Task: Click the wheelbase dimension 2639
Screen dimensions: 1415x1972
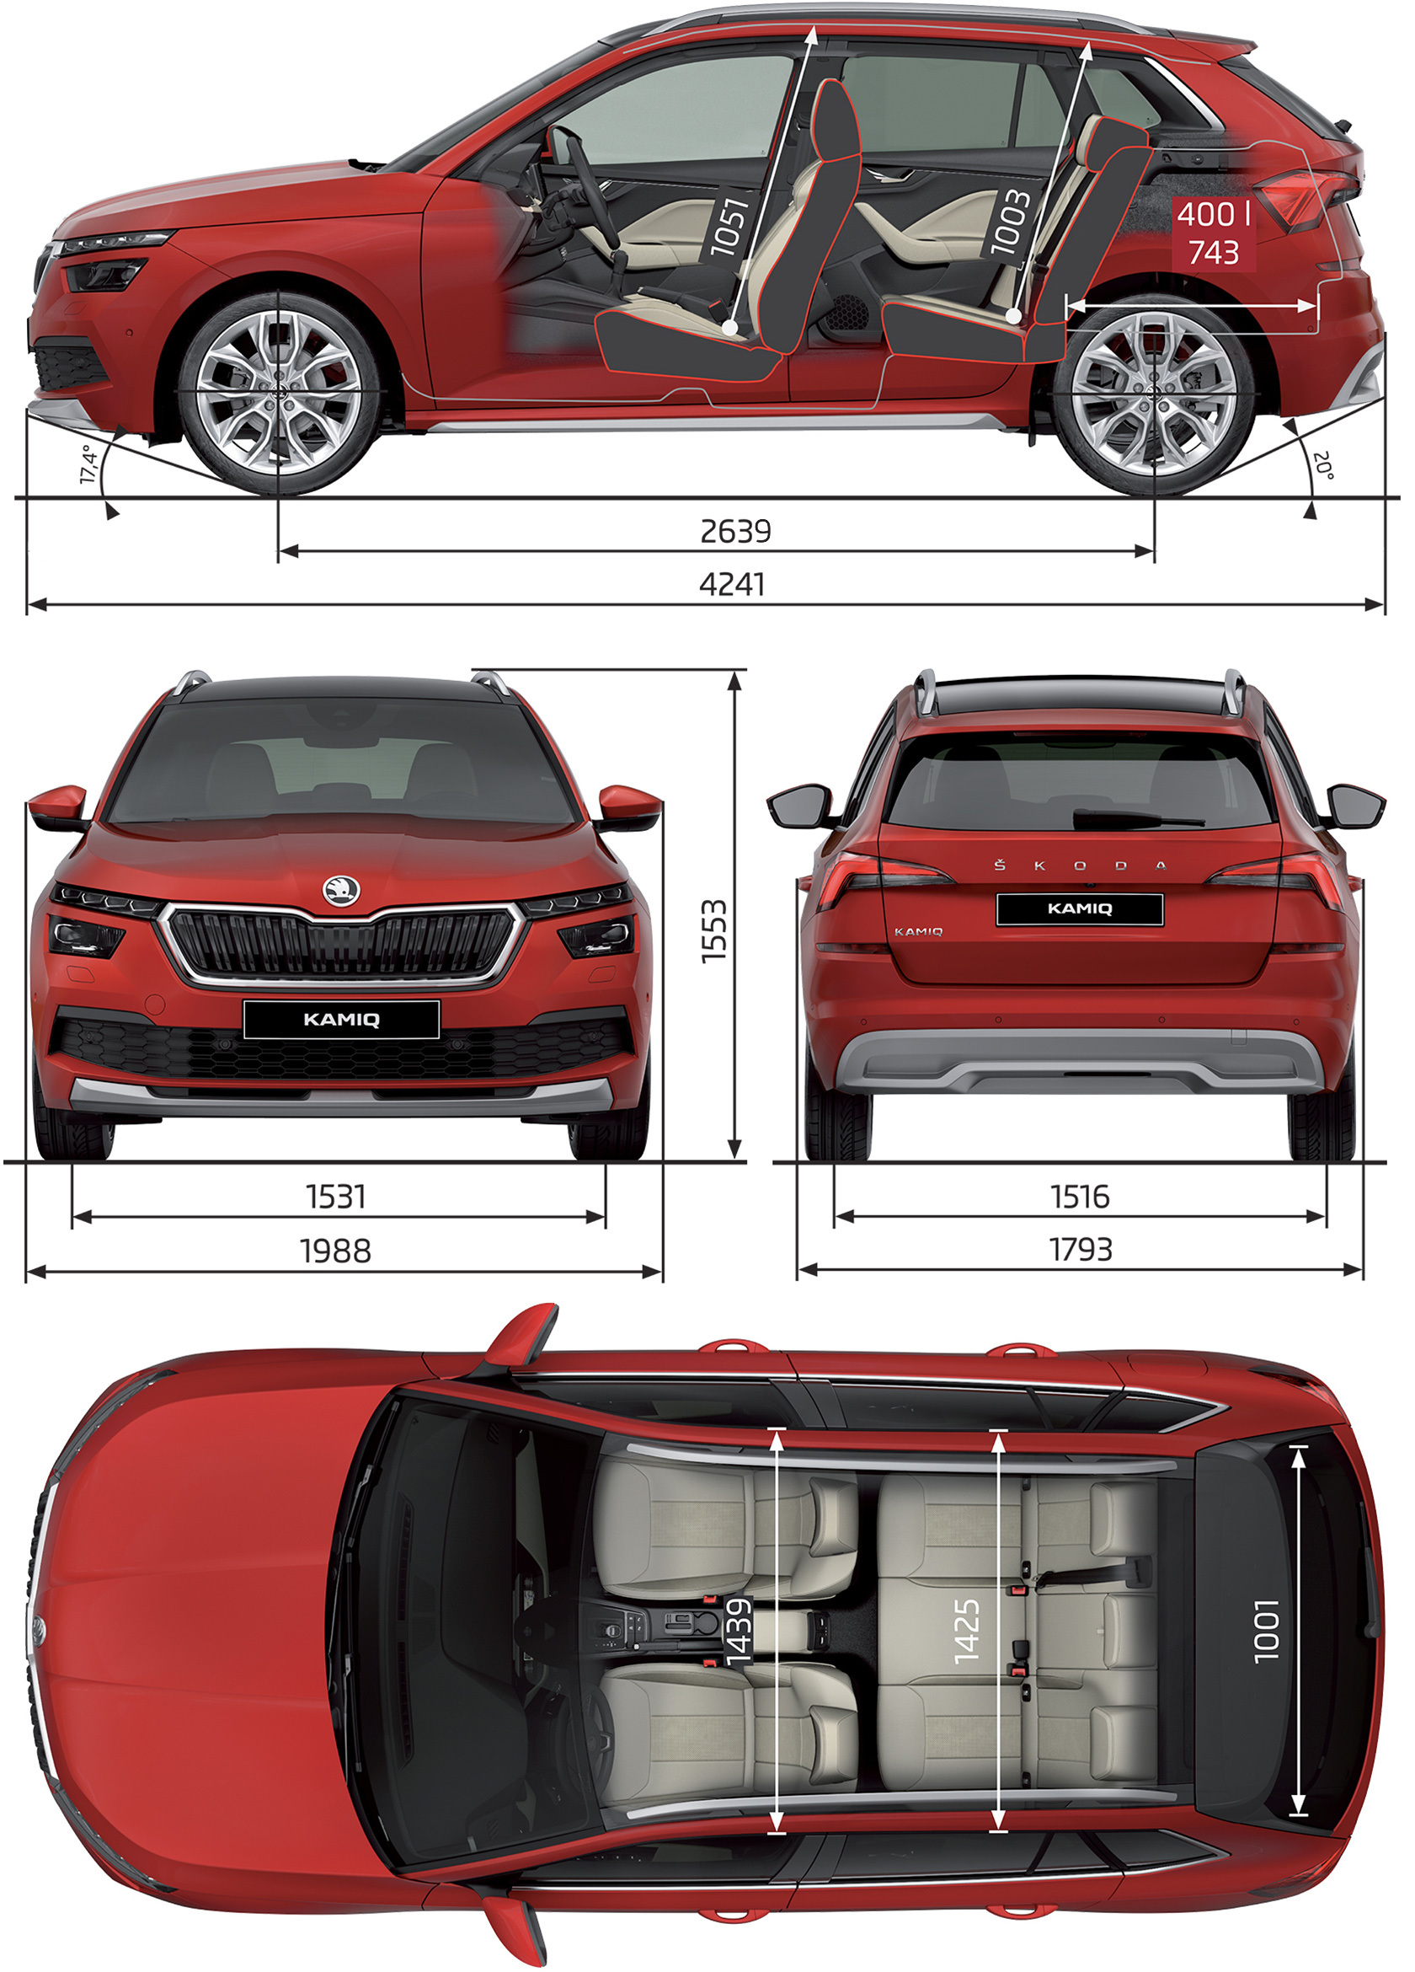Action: (735, 529)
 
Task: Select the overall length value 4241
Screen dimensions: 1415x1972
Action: (733, 583)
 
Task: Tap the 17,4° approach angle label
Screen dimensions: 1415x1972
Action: (88, 464)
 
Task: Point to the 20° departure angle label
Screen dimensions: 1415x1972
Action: (1323, 465)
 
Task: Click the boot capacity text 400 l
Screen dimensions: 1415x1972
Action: (1214, 214)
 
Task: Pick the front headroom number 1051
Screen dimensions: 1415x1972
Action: (729, 227)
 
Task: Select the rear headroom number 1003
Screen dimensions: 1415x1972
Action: (1011, 222)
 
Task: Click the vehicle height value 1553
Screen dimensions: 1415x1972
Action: (713, 931)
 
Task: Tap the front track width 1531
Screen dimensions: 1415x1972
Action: (335, 1198)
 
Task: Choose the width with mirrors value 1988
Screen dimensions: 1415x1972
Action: (335, 1251)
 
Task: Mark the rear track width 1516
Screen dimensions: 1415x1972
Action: (1080, 1198)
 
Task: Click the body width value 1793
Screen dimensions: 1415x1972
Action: (1081, 1250)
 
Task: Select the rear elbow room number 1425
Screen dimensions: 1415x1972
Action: (967, 1632)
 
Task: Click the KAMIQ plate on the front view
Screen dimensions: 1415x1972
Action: (342, 1019)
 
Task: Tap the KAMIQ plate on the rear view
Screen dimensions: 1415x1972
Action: (1080, 908)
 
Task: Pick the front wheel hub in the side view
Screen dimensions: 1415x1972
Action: (278, 393)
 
